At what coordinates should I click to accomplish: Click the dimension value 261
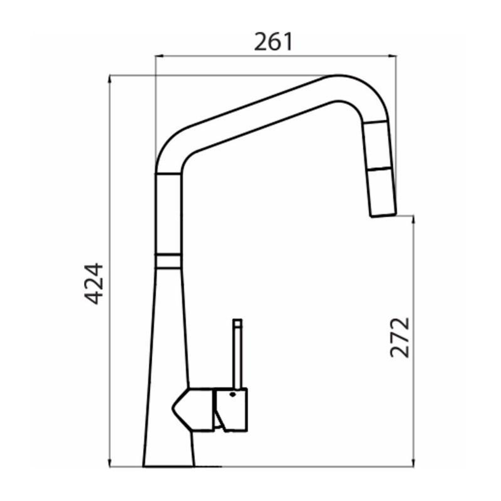(274, 42)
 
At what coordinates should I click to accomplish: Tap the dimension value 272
(400, 337)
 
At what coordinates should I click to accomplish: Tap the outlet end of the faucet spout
(383, 215)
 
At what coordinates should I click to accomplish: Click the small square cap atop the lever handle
(238, 323)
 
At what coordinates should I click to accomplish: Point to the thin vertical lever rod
(238, 357)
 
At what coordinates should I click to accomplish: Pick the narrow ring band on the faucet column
(168, 261)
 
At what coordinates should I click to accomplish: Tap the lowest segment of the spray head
(381, 193)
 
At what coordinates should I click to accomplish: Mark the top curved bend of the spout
(348, 88)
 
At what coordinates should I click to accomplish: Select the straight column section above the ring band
(168, 213)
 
